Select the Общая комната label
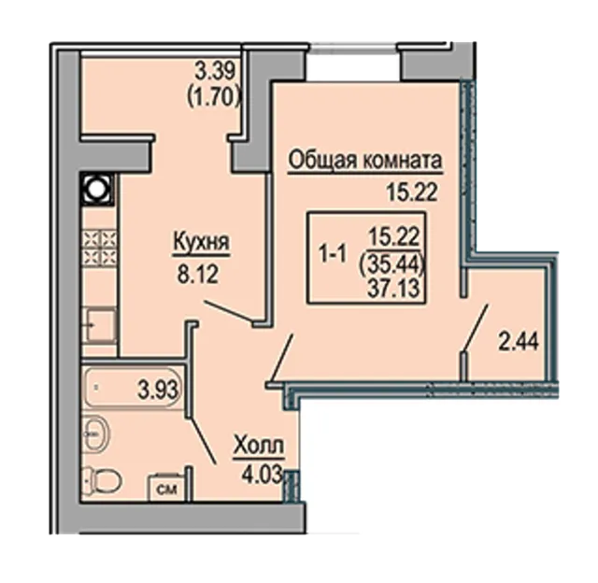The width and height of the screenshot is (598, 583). tap(365, 161)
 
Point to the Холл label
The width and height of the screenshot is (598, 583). tap(259, 446)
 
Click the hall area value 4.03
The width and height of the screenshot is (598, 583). tap(262, 475)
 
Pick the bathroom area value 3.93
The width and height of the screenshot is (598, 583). tap(158, 390)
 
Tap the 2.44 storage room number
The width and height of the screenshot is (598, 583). tap(519, 342)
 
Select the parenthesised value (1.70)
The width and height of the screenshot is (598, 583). tap(214, 98)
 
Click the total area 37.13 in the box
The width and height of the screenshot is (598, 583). tap(394, 287)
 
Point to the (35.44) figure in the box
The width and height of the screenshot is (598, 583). tap(392, 263)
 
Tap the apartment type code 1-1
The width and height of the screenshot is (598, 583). tap(333, 255)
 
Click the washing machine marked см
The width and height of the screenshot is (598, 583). tap(167, 486)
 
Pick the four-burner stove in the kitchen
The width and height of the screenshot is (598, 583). tap(99, 247)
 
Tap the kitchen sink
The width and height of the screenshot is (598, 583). tap(101, 325)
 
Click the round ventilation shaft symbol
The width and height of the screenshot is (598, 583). tap(97, 189)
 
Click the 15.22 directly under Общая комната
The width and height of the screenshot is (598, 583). tap(411, 193)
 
